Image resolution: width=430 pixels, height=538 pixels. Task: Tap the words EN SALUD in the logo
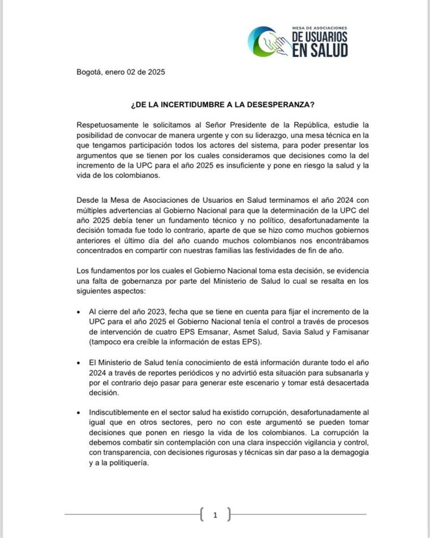[320, 49]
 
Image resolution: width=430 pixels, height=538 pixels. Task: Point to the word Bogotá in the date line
[90, 72]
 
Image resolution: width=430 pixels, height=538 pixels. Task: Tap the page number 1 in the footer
[215, 515]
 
